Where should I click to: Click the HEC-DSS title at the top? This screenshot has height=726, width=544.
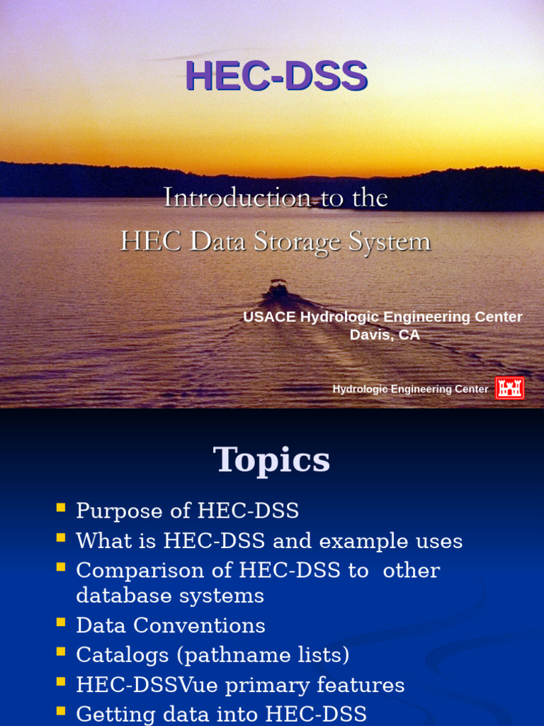(x=276, y=76)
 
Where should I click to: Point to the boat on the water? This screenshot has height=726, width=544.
(x=278, y=289)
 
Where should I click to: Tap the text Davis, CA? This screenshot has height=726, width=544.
(x=385, y=335)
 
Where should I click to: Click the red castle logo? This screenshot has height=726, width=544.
(x=509, y=388)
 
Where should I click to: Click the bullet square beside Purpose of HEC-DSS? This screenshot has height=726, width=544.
(x=61, y=508)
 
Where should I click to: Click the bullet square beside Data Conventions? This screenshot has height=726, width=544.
(x=61, y=622)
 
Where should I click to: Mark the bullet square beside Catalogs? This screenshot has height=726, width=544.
(x=61, y=651)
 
